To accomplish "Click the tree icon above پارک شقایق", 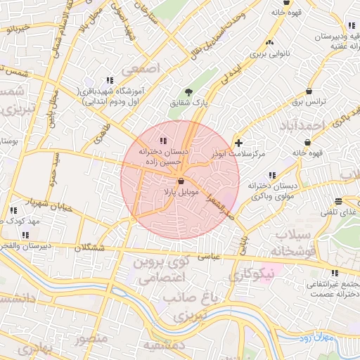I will (x=188, y=91).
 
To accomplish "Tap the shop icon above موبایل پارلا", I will (x=172, y=181).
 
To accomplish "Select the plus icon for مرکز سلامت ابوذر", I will (x=238, y=143).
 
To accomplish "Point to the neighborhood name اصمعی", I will (x=141, y=70).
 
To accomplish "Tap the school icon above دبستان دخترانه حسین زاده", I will (x=163, y=141).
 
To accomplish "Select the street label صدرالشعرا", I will (x=223, y=205).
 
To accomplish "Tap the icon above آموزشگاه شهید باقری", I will (x=109, y=81).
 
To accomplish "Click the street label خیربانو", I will (x=15, y=28).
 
